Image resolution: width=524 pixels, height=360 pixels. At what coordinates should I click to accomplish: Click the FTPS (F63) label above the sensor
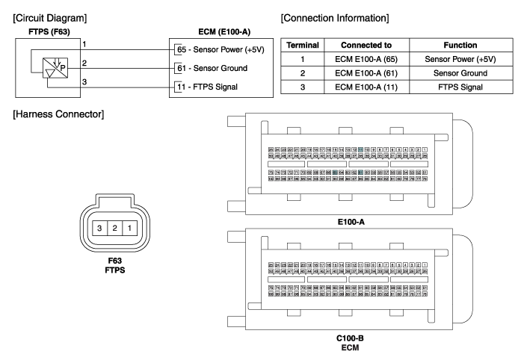coord(36,31)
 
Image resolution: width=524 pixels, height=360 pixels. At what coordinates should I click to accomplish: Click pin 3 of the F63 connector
coord(99,227)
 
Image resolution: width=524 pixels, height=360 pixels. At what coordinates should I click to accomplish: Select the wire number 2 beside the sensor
coord(85,63)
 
